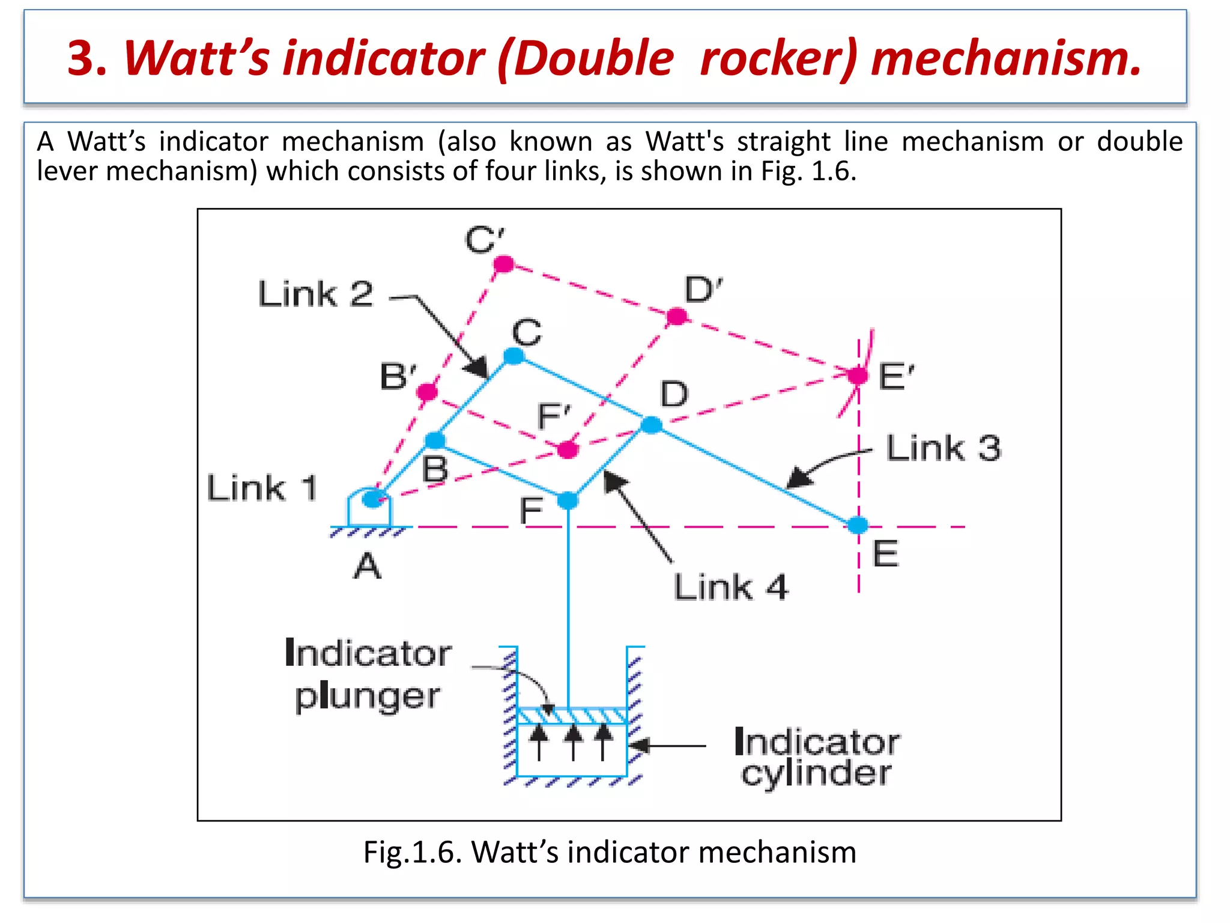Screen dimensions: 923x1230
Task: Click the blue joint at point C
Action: pyautogui.click(x=514, y=356)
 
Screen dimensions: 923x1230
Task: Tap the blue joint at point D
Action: pyautogui.click(x=652, y=425)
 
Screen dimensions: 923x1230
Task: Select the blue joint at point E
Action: pyautogui.click(x=858, y=525)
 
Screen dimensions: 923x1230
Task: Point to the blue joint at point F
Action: pyautogui.click(x=568, y=500)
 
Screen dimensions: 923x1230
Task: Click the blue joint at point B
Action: pyautogui.click(x=435, y=440)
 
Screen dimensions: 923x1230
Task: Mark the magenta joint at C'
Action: pyautogui.click(x=504, y=264)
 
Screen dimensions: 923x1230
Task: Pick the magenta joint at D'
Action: pyautogui.click(x=677, y=316)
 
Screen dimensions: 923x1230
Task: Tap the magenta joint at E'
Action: pyautogui.click(x=858, y=376)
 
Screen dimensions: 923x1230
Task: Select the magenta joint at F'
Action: pyautogui.click(x=568, y=449)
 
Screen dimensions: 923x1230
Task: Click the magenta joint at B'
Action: pyautogui.click(x=427, y=392)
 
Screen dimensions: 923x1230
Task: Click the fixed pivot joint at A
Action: pyautogui.click(x=373, y=499)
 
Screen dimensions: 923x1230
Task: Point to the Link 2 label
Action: pyautogui.click(x=316, y=294)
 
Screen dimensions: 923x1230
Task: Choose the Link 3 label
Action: pyautogui.click(x=944, y=448)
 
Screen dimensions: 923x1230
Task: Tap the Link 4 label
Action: pyautogui.click(x=730, y=587)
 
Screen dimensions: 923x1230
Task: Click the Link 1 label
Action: pyautogui.click(x=262, y=487)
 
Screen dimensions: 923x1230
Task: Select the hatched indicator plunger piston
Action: pyautogui.click(x=572, y=716)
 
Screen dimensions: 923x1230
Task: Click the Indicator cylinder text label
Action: pyautogui.click(x=817, y=758)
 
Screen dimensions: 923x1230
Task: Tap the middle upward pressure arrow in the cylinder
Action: pyautogui.click(x=574, y=742)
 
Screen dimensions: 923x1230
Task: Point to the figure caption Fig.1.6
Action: pyautogui.click(x=609, y=852)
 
